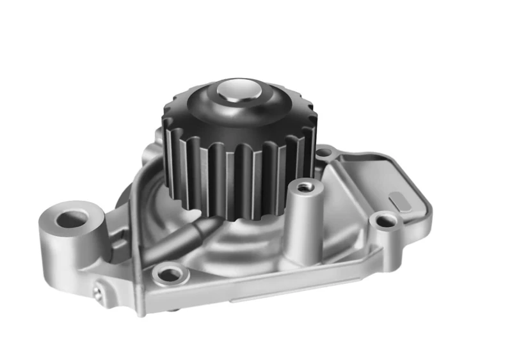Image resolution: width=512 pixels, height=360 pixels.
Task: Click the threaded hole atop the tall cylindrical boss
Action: (x=303, y=186)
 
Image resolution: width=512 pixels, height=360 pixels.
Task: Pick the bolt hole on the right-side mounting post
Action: (x=387, y=221)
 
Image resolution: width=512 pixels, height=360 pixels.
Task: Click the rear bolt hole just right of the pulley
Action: (x=324, y=153)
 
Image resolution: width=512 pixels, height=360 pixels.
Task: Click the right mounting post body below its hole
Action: (x=388, y=246)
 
